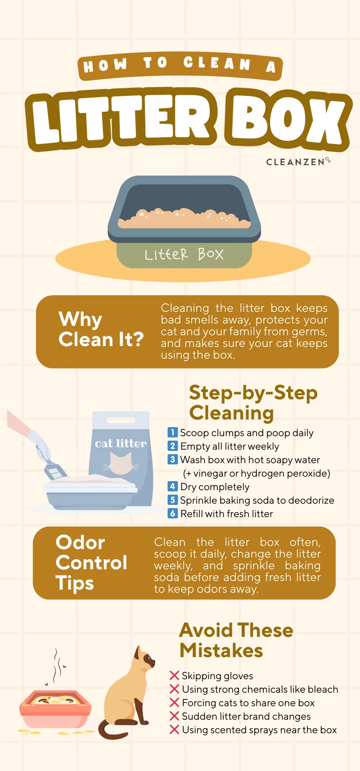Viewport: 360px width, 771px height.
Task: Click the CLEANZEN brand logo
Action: [x=298, y=162]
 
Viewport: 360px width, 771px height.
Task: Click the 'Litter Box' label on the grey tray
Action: [x=184, y=254]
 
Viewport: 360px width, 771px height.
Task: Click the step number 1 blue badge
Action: [x=172, y=433]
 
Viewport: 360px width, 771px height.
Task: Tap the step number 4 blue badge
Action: [x=172, y=487]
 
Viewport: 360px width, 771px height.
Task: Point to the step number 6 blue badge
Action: [x=172, y=514]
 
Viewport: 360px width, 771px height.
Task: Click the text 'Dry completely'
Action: [x=215, y=487]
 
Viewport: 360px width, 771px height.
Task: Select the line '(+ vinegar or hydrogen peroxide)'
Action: [x=256, y=473]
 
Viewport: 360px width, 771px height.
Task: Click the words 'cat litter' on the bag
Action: [x=121, y=443]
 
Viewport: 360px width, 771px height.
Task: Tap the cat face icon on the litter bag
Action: [x=121, y=464]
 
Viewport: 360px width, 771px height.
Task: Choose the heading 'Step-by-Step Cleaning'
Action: [x=253, y=402]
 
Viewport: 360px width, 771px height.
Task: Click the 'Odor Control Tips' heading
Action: [x=91, y=563]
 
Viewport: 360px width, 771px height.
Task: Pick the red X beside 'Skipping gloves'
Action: [x=175, y=676]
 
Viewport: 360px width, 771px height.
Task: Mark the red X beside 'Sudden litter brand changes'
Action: [x=175, y=716]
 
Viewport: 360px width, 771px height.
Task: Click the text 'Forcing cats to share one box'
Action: [x=248, y=703]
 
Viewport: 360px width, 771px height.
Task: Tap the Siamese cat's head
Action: [x=144, y=659]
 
